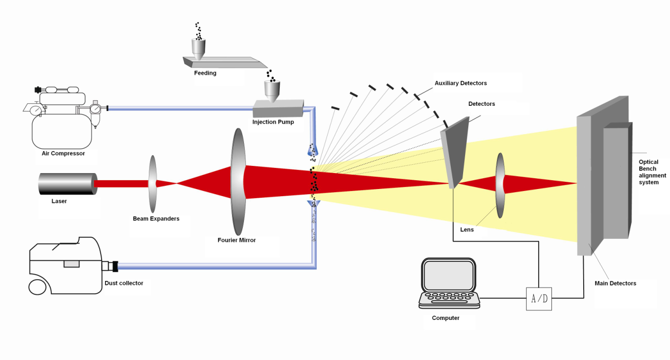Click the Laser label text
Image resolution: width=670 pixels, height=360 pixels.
point(59,201)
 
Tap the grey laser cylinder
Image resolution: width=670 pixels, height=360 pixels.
point(67,184)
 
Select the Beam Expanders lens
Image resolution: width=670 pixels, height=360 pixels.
point(152,183)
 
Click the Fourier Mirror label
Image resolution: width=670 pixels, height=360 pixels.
point(237,240)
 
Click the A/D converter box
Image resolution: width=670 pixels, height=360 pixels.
point(539,298)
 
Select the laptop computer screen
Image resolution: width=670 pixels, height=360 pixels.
point(448,276)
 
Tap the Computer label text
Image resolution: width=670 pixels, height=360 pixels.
point(446,318)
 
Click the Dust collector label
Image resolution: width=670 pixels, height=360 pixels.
point(124,283)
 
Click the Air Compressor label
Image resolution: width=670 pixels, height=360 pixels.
point(63,154)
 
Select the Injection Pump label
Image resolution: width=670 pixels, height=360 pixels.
point(273,122)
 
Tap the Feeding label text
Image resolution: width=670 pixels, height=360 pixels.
point(205,73)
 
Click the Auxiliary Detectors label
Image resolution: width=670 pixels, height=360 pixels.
point(461,83)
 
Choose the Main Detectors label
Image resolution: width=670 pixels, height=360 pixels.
point(615,283)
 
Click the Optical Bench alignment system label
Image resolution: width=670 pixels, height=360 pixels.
point(652,172)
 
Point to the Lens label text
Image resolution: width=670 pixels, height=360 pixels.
point(467,230)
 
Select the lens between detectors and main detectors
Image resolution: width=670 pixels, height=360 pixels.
point(500,184)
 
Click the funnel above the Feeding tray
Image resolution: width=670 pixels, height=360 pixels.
point(198,47)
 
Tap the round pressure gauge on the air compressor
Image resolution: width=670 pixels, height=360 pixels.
point(35,110)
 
